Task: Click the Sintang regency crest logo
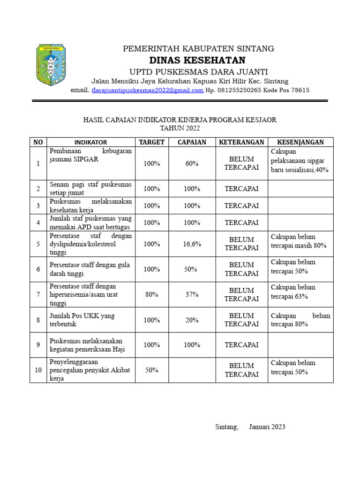coord(51,65)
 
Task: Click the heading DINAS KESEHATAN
coord(197,60)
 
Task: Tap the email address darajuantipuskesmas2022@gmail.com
coord(147,90)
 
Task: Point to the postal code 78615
coord(299,90)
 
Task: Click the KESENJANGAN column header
coord(300,142)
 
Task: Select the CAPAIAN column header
coord(192,142)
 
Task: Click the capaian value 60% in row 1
coord(192,164)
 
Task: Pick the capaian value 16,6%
coord(192,244)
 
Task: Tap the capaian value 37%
coord(192,294)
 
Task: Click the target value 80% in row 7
coord(151,294)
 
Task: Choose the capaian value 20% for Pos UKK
coord(192,320)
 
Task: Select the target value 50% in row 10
coord(151,370)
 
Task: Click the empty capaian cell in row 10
coord(192,370)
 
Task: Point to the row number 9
coord(38,345)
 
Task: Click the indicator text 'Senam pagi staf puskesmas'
coord(91,185)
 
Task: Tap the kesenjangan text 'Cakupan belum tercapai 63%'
coord(293,292)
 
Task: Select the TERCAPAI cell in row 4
coord(241,223)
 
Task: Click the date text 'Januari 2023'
coord(267,427)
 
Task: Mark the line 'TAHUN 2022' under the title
coord(180,128)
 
